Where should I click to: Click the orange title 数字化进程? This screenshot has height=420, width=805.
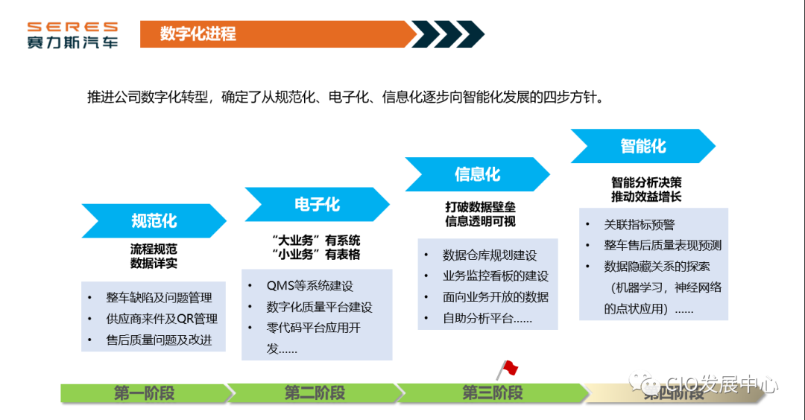(198, 34)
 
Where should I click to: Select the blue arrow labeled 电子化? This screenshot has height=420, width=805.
(317, 204)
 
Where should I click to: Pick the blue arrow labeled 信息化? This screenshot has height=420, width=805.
(477, 174)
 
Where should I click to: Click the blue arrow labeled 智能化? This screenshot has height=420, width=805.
(643, 146)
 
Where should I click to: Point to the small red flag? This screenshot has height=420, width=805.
(507, 369)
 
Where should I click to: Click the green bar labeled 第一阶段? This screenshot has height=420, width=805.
(144, 393)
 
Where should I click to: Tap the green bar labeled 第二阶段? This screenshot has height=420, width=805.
(314, 393)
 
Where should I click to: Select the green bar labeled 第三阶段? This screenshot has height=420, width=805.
(492, 393)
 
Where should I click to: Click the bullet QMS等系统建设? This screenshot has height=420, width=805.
(310, 286)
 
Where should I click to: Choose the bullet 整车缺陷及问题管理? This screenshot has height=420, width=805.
(159, 298)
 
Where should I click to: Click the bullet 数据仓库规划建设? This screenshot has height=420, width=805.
(489, 255)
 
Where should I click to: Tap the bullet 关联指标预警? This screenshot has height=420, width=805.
(639, 225)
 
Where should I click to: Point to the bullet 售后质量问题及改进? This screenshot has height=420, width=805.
(159, 340)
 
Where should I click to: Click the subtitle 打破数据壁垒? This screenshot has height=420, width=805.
(480, 207)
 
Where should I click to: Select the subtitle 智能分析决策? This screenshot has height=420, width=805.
(646, 182)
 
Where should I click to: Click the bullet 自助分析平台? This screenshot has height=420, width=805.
(487, 319)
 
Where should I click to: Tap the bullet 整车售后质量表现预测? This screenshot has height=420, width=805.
(662, 246)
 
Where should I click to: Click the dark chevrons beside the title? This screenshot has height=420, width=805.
(447, 34)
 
